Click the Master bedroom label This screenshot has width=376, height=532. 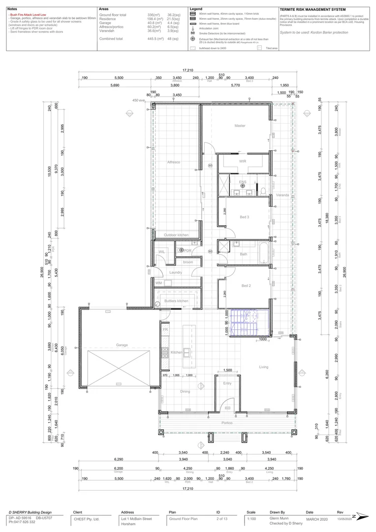click(240, 126)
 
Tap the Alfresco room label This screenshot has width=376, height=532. click(173, 162)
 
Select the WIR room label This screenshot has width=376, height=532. click(243, 161)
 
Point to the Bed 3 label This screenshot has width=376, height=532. click(245, 217)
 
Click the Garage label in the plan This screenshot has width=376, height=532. click(122, 345)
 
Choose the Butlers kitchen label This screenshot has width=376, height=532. click(176, 300)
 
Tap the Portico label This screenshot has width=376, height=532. click(227, 423)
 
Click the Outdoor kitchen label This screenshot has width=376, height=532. click(176, 235)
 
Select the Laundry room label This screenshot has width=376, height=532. click(176, 272)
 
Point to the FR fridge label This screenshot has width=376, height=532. click(165, 329)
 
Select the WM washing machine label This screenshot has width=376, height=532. click(158, 283)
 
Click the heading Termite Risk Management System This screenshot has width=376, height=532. click(312, 9)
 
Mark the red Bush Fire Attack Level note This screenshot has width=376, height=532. click(28, 15)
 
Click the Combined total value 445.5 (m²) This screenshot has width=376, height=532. click(156, 38)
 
